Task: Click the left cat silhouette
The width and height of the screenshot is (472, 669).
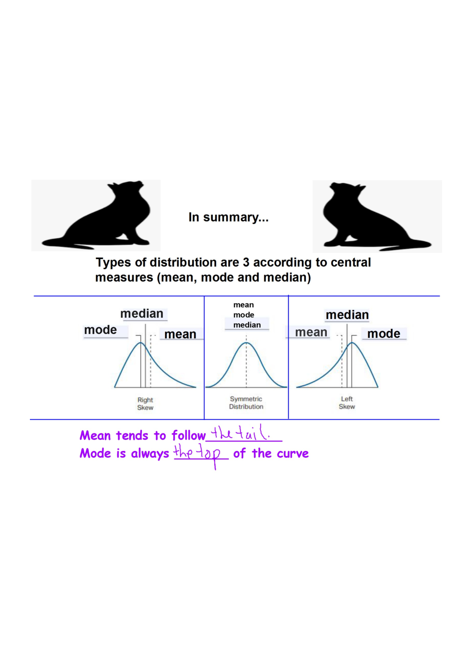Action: click(x=104, y=217)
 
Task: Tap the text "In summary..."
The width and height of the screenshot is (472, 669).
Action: click(x=228, y=218)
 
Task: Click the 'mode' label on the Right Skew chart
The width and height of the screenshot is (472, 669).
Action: click(x=100, y=330)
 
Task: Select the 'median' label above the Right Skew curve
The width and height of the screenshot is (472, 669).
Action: click(x=142, y=314)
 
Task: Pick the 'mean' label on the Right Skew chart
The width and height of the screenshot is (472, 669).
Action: click(x=180, y=334)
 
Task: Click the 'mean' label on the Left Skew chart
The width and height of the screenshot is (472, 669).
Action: click(x=311, y=332)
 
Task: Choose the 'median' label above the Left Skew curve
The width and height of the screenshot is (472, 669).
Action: click(x=347, y=315)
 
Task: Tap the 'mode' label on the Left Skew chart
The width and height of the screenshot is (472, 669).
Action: click(x=384, y=334)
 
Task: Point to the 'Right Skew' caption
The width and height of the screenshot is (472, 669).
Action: click(x=145, y=404)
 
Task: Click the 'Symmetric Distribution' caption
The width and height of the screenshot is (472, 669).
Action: click(x=246, y=403)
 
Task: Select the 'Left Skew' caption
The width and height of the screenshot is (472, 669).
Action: click(x=347, y=403)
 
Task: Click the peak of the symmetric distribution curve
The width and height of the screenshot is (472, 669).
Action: click(x=246, y=343)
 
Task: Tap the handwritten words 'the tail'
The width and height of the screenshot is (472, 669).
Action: click(x=240, y=433)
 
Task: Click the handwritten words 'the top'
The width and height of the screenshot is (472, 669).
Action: click(x=197, y=453)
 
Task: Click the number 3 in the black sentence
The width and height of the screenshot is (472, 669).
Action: click(x=246, y=262)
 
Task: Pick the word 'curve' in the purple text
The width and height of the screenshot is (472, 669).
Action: click(x=292, y=453)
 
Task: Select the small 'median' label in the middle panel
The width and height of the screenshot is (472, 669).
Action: click(x=247, y=325)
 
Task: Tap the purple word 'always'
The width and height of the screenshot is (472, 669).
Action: click(x=150, y=453)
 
